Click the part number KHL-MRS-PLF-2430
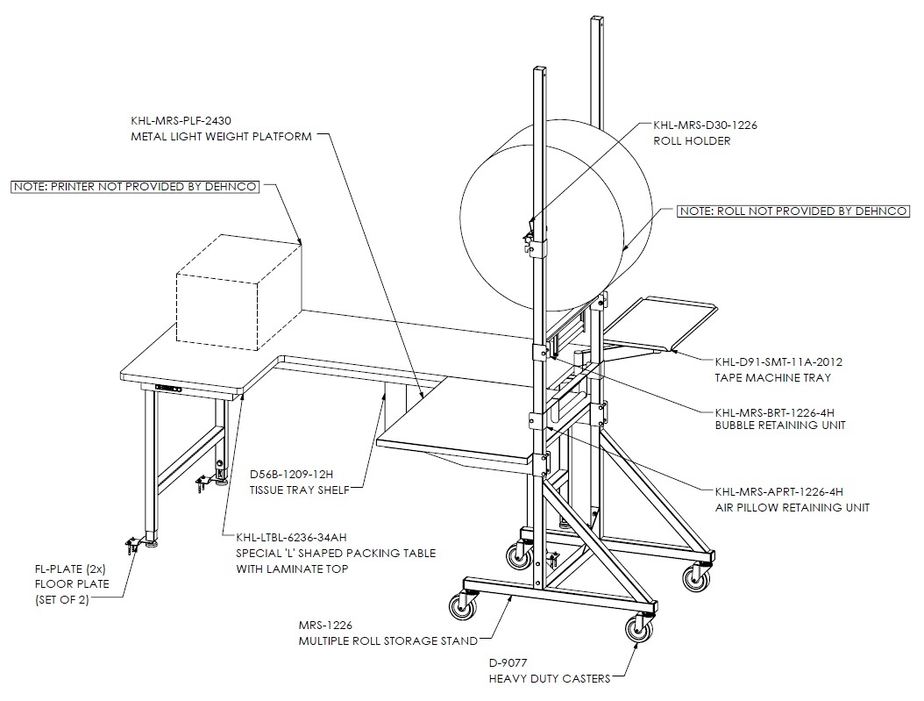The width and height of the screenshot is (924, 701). (181, 121)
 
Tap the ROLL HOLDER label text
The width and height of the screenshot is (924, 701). (692, 141)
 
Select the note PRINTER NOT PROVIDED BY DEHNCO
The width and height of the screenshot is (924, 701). (135, 187)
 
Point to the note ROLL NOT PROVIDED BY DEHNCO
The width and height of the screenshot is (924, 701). (793, 211)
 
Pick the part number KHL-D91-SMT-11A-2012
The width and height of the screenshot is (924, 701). (778, 362)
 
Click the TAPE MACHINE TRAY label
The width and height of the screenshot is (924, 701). (772, 378)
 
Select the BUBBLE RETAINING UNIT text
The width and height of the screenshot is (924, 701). (780, 426)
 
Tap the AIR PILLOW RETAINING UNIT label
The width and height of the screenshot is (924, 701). (792, 508)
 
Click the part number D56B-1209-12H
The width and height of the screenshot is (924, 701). (291, 474)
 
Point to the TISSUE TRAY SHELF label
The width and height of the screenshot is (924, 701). (299, 490)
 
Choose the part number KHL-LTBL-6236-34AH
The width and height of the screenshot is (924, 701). (291, 538)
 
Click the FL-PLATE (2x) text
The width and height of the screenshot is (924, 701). (70, 569)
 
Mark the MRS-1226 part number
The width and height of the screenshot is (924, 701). (325, 625)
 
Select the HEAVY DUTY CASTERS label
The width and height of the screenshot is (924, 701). (549, 678)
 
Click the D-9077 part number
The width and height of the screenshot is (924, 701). (508, 662)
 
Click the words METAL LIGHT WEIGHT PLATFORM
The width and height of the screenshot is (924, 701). (221, 137)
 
